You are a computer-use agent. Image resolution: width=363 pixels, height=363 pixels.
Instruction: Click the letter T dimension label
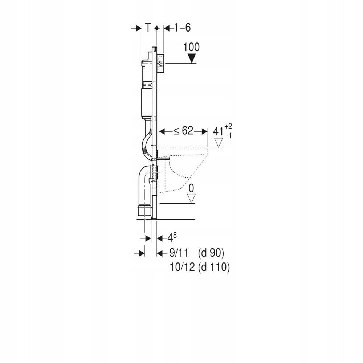point(148,28)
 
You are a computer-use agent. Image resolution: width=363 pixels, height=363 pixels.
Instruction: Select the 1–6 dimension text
point(182,28)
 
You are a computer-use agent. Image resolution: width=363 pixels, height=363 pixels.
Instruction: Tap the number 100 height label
point(191,47)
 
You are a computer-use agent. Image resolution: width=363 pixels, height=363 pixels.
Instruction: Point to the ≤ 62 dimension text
point(183,131)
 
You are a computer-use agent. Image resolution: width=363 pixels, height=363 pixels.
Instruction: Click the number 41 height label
point(218,131)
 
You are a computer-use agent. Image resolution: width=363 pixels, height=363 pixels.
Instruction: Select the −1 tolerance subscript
point(228,135)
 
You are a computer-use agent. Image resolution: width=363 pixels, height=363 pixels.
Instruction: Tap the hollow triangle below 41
point(218,143)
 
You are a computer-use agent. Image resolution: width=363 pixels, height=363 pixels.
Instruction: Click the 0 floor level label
point(191,188)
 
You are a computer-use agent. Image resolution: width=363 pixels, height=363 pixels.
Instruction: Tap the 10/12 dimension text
point(182,268)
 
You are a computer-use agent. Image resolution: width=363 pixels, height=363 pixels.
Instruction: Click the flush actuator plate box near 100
point(161,64)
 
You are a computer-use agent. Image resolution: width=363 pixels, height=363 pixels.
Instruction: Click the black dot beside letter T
point(156,28)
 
